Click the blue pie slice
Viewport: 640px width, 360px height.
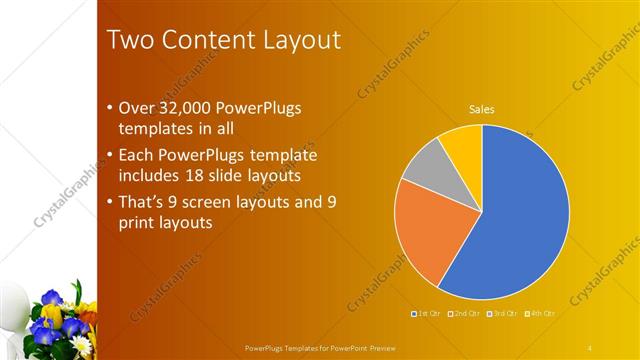(520, 220)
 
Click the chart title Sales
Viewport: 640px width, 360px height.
(482, 109)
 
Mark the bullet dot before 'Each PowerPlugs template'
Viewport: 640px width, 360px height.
(109, 156)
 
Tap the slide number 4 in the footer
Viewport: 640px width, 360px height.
(590, 347)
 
